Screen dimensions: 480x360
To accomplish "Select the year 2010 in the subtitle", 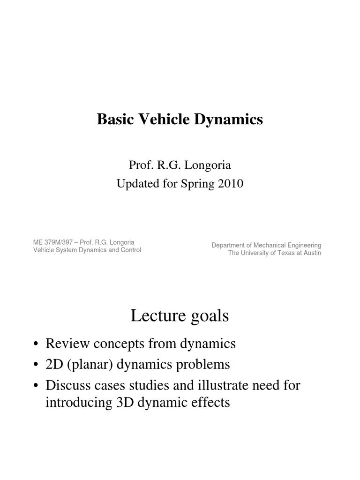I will (229, 184).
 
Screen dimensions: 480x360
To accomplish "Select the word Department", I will (230, 245).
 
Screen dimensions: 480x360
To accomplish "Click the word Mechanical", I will (273, 245).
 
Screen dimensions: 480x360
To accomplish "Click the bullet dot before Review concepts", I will (36, 345).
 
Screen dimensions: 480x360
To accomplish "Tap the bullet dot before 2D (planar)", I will (36, 365).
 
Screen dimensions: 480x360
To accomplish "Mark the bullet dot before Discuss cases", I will (36, 386).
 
